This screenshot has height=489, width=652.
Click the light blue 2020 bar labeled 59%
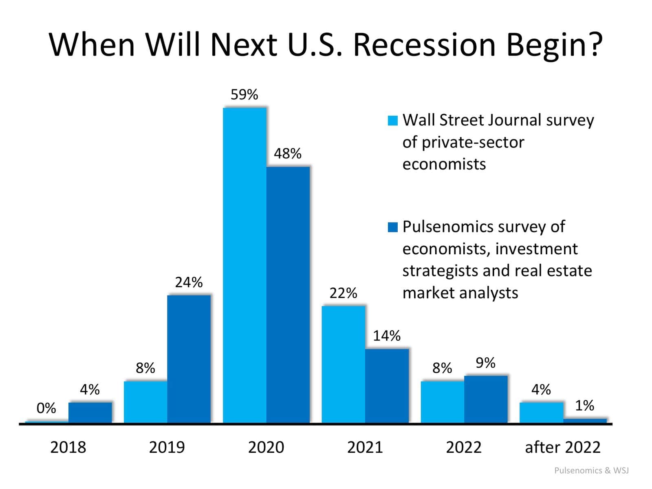pos(244,265)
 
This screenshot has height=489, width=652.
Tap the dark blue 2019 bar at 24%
pos(189,359)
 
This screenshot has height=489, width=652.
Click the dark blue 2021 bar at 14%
pos(387,385)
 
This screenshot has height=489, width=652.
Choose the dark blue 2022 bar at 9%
pos(486,399)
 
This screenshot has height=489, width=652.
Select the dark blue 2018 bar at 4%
pos(90,412)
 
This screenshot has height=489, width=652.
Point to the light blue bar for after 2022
pos(541,412)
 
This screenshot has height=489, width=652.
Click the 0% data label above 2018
pos(46,408)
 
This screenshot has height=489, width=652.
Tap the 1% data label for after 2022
pos(584,405)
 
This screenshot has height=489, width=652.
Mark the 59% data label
pos(244,95)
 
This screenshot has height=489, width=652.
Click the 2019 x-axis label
pos(167,447)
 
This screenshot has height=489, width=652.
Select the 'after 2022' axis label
pos(562,447)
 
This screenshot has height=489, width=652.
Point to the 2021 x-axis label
pos(365,447)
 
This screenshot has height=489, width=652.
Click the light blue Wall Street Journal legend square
pos(392,121)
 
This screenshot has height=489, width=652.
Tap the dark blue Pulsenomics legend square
pos(392,227)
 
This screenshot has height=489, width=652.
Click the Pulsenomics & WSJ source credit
pos(591,471)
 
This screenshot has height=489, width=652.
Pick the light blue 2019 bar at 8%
pos(145,402)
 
